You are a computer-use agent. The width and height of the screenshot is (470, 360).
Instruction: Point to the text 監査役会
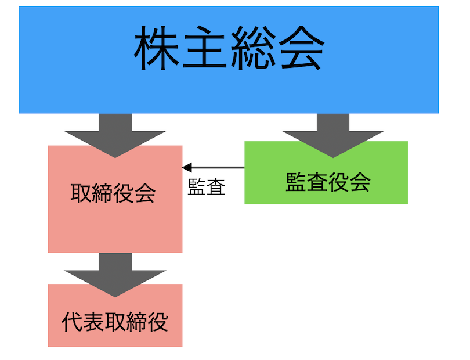(x=328, y=182)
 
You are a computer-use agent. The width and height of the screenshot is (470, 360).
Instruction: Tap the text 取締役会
(x=113, y=193)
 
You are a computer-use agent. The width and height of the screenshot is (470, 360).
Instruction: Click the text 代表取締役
(x=115, y=322)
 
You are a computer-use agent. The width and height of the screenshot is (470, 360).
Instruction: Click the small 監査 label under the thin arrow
(x=207, y=187)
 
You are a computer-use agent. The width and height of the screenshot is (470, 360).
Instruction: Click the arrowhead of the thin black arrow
(x=187, y=168)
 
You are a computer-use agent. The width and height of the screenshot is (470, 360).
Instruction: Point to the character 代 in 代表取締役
(x=72, y=322)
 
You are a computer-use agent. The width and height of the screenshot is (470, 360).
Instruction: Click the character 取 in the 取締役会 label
(x=81, y=193)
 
